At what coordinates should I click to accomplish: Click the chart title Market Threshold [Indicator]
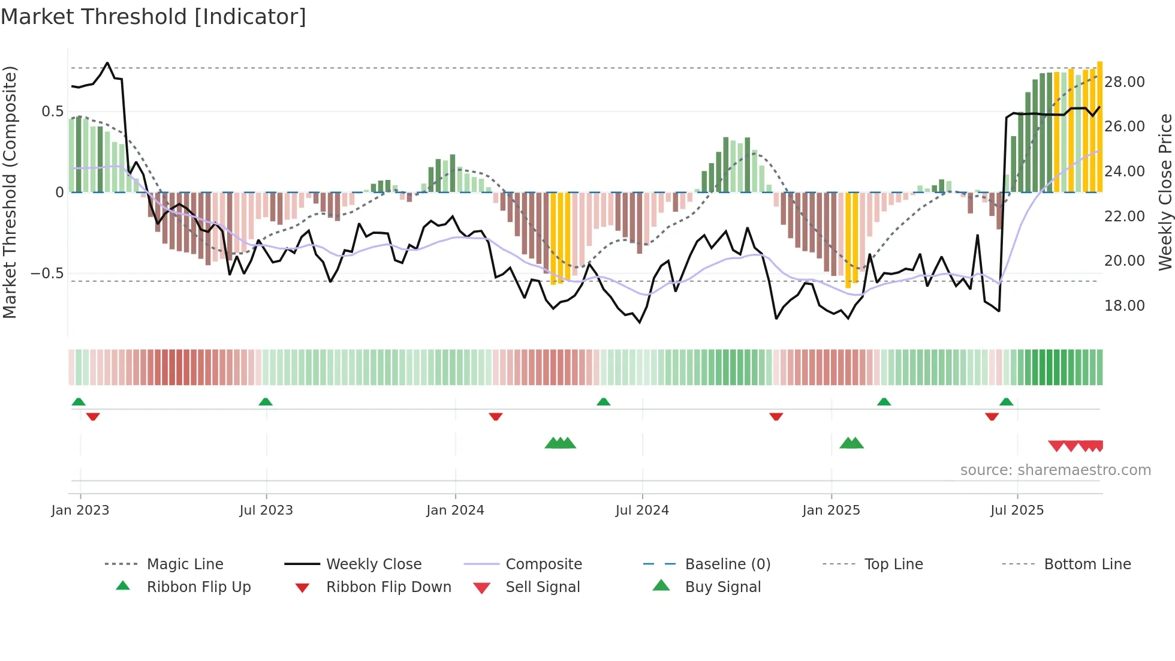click(x=153, y=17)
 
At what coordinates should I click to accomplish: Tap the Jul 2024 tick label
click(x=641, y=510)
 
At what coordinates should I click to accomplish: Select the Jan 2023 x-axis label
click(x=80, y=510)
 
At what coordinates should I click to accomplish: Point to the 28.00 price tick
click(x=1124, y=82)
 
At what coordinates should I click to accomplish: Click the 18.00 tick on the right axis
click(x=1124, y=306)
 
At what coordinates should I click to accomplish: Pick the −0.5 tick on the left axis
click(x=47, y=274)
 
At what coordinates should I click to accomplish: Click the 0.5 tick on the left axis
click(x=52, y=112)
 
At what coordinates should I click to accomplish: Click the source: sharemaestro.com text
click(x=1055, y=470)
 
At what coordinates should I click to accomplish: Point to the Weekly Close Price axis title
click(x=1165, y=192)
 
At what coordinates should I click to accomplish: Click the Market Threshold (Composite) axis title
click(x=10, y=192)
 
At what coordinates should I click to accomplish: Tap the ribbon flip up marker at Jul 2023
click(x=266, y=401)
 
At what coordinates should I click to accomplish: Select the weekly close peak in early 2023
click(x=107, y=63)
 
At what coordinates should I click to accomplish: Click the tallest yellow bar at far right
click(x=1099, y=126)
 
